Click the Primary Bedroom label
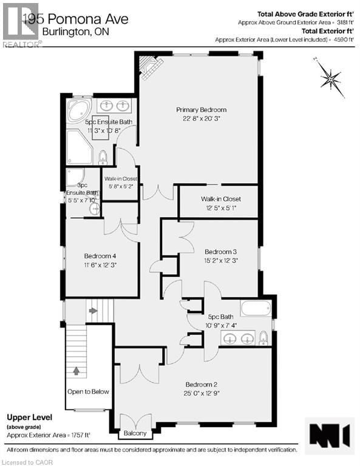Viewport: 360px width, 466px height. pyautogui.click(x=197, y=110)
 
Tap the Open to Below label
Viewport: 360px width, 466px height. pyautogui.click(x=88, y=391)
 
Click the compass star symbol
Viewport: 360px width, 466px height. pyautogui.click(x=332, y=78)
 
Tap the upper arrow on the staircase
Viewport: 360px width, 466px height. pyautogui.click(x=92, y=311)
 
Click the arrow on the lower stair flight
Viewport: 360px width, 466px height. pyautogui.click(x=76, y=370)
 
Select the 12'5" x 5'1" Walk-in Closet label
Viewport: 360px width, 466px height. pyautogui.click(x=221, y=203)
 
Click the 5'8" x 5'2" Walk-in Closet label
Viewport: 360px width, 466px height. pyautogui.click(x=121, y=183)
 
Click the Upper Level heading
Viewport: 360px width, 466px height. pyautogui.click(x=29, y=417)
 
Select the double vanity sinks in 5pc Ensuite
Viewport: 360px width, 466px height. pyautogui.click(x=115, y=104)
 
